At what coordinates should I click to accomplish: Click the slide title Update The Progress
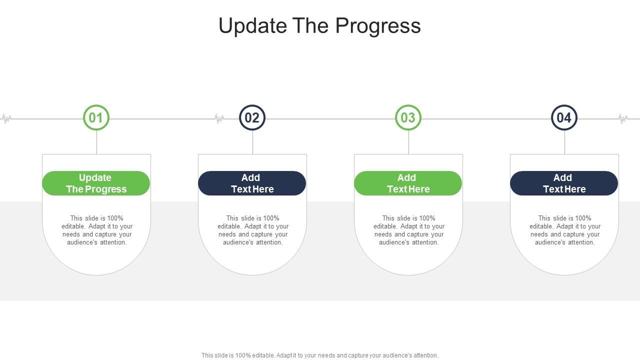click(x=319, y=26)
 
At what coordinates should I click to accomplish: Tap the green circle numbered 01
click(x=96, y=118)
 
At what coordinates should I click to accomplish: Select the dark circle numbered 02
click(x=252, y=118)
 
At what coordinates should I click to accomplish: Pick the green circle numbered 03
click(x=408, y=118)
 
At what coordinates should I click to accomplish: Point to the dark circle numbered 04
click(x=564, y=118)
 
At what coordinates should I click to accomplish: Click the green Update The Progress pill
click(x=96, y=183)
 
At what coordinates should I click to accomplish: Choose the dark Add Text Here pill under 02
click(x=252, y=183)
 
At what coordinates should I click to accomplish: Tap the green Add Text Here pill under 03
click(x=408, y=183)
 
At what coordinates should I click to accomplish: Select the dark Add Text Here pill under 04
click(x=564, y=183)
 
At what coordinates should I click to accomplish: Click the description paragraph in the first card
click(x=97, y=230)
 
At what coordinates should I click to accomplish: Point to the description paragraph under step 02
click(x=253, y=230)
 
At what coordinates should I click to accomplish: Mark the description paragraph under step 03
click(x=409, y=230)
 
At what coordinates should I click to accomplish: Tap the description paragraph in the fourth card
click(x=565, y=230)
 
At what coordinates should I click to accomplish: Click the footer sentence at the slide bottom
click(x=320, y=355)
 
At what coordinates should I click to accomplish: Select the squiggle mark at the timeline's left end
click(x=6, y=119)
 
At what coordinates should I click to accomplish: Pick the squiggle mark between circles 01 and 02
click(x=219, y=119)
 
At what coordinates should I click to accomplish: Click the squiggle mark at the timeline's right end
click(x=623, y=119)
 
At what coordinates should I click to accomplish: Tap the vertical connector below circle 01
click(x=96, y=142)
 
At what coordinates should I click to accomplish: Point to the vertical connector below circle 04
click(x=564, y=142)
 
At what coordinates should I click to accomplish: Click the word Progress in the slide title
click(x=378, y=26)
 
